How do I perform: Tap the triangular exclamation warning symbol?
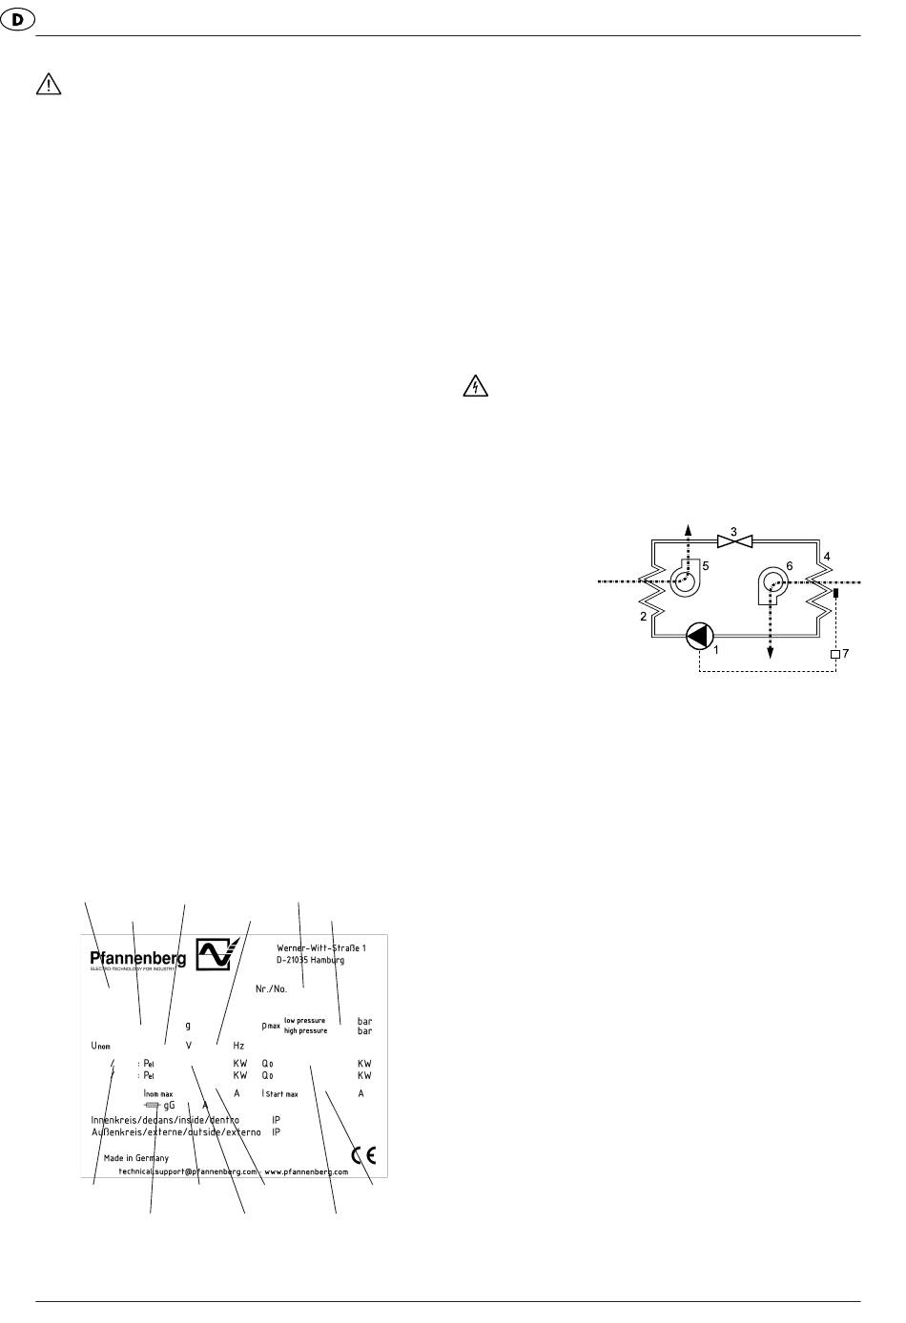coord(47,86)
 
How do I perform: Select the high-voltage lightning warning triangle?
coord(475,385)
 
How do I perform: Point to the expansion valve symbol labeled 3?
coord(734,542)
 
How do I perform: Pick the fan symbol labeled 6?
coord(773,582)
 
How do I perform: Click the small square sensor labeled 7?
coord(835,654)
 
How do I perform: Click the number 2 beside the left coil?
coord(644,617)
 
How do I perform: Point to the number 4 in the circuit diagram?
coord(827,556)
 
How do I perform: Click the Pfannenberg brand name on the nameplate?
coord(138,958)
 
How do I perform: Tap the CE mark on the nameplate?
coord(363,1155)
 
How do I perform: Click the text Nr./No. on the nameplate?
coord(271,988)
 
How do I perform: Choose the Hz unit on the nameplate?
coord(238,1046)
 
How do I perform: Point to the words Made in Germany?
coord(136,1158)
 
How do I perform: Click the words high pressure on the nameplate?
coord(305,1030)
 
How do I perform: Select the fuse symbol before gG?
coord(152,1106)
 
